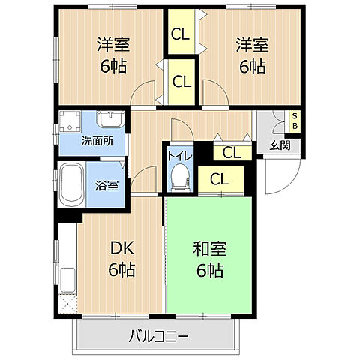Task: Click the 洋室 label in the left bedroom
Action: (111, 44)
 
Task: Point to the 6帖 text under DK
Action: (121, 269)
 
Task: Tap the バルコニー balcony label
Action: (157, 334)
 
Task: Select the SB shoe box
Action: (295, 121)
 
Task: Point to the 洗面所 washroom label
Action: (97, 140)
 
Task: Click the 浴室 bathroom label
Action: (106, 184)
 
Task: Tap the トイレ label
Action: (178, 155)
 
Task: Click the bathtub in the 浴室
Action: (72, 184)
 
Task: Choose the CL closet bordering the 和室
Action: (220, 179)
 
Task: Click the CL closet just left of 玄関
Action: (231, 153)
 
